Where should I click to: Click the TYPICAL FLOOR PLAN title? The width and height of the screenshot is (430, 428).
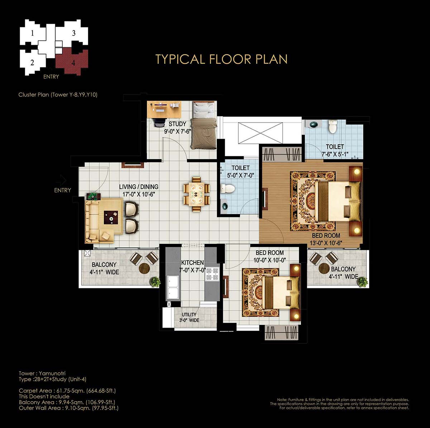[221, 59]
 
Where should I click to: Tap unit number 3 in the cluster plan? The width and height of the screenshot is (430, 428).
[74, 33]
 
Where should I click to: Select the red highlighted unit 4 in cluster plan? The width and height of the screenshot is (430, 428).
[72, 62]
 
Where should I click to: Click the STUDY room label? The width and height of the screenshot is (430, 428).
[177, 124]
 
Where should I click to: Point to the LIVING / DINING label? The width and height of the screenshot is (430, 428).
[139, 187]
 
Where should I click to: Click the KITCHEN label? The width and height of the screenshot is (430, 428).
[192, 262]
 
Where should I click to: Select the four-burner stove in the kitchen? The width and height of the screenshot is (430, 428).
[212, 274]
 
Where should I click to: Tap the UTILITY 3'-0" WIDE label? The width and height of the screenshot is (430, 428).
[189, 317]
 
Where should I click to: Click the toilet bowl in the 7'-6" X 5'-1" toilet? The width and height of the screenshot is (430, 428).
[332, 127]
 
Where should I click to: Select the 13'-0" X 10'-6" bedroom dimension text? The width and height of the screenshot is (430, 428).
[326, 243]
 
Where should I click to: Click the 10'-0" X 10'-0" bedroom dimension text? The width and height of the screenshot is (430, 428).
[269, 260]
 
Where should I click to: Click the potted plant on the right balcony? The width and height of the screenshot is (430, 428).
[362, 281]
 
